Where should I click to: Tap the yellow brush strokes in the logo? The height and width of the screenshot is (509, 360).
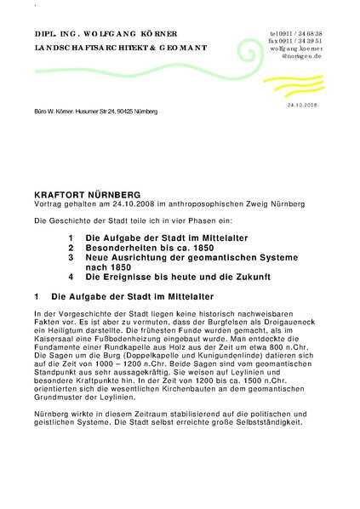(294, 84)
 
